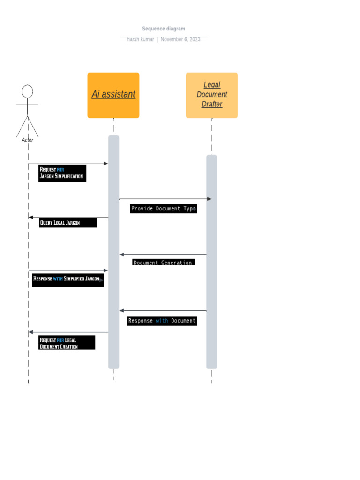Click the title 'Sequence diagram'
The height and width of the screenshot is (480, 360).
(164, 29)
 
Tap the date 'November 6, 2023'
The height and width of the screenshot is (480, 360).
(180, 39)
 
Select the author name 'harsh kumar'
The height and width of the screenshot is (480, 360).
(140, 39)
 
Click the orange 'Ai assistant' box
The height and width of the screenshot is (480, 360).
(113, 95)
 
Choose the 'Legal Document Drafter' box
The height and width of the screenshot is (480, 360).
(212, 95)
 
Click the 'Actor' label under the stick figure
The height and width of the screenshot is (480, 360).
(28, 140)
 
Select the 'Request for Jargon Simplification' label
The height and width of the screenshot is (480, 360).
(62, 173)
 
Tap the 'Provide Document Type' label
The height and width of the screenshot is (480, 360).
(163, 209)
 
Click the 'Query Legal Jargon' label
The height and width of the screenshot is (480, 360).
(67, 223)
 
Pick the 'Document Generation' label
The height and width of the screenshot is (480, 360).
(163, 262)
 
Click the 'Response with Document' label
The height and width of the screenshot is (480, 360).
(162, 321)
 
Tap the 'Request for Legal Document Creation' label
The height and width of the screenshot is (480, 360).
(67, 343)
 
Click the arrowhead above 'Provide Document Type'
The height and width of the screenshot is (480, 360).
(209, 199)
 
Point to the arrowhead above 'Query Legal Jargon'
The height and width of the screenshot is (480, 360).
(31, 217)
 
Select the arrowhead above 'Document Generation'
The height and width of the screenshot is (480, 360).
(122, 255)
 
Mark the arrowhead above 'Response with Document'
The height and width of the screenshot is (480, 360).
(122, 310)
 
